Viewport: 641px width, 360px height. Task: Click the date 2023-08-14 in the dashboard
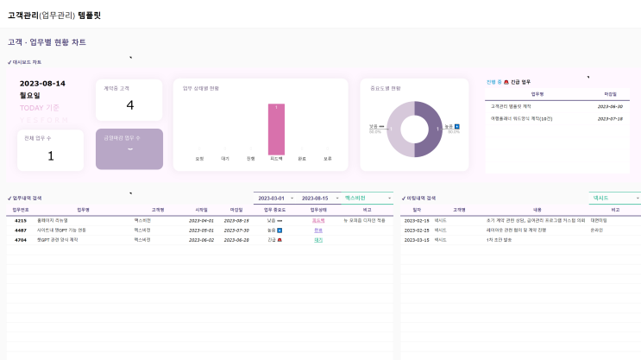(42, 84)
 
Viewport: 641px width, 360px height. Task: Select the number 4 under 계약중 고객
(130, 105)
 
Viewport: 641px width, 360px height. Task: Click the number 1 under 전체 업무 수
(50, 155)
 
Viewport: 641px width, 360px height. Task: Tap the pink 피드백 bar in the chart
(276, 129)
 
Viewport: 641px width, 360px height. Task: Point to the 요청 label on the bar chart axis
(199, 159)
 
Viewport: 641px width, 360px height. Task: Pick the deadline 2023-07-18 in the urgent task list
(610, 118)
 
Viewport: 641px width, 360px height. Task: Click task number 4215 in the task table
(21, 220)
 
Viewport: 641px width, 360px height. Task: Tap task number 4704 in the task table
(21, 239)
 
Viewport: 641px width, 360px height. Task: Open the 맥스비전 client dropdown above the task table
(367, 198)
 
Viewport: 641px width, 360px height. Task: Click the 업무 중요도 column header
(275, 209)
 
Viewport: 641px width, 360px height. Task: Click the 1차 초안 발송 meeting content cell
(499, 239)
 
